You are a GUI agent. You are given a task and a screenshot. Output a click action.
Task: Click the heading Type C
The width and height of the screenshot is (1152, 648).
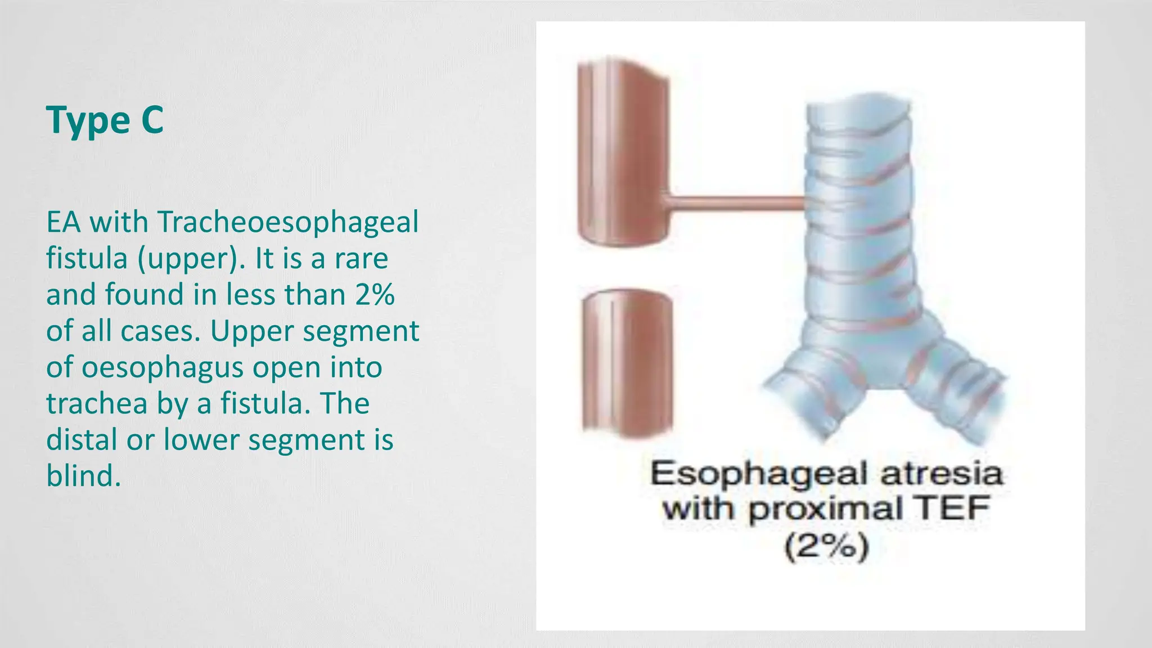click(x=105, y=120)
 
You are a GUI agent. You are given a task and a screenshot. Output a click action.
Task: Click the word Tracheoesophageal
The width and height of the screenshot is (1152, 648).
click(x=287, y=222)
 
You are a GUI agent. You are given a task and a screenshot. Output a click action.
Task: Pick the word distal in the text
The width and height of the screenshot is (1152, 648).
click(x=82, y=440)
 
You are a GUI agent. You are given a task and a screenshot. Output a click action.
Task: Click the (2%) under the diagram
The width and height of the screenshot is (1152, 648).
click(x=826, y=546)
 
